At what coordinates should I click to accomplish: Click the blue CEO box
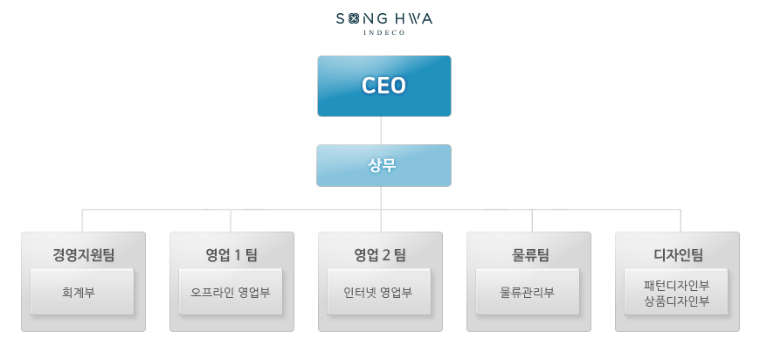pos(383,86)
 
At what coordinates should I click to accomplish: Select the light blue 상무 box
pos(383,165)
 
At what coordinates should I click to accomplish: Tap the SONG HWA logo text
pos(383,17)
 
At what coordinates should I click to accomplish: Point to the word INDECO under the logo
pos(383,33)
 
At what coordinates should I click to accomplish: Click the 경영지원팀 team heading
pos(83,255)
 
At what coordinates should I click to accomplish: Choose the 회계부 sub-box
pos(82,292)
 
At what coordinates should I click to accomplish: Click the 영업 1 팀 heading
pos(231,255)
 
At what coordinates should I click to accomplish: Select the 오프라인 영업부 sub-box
pos(231,292)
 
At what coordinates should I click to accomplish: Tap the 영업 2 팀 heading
pos(380,255)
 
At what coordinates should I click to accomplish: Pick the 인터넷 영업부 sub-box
pos(379,292)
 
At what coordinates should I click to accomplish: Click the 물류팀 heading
pos(529,255)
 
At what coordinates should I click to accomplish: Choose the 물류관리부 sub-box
pos(528,292)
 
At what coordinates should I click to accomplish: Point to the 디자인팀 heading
pos(678,255)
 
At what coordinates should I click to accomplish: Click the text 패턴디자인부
pos(676,285)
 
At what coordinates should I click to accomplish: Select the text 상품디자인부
pos(676,301)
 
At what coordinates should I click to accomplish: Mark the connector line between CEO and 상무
pos(381,130)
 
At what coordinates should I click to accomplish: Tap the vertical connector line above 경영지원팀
pos(83,220)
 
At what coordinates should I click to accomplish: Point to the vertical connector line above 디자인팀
pos(681,220)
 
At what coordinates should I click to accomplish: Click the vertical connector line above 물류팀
pos(532,220)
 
